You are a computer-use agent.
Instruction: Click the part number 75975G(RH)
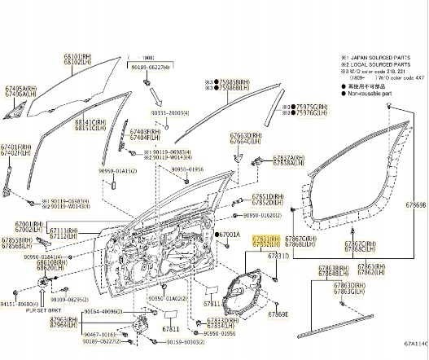click(x=311, y=107)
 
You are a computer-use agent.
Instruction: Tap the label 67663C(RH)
click(x=245, y=134)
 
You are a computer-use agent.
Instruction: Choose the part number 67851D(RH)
click(x=267, y=196)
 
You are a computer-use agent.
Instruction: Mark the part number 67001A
click(x=230, y=235)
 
